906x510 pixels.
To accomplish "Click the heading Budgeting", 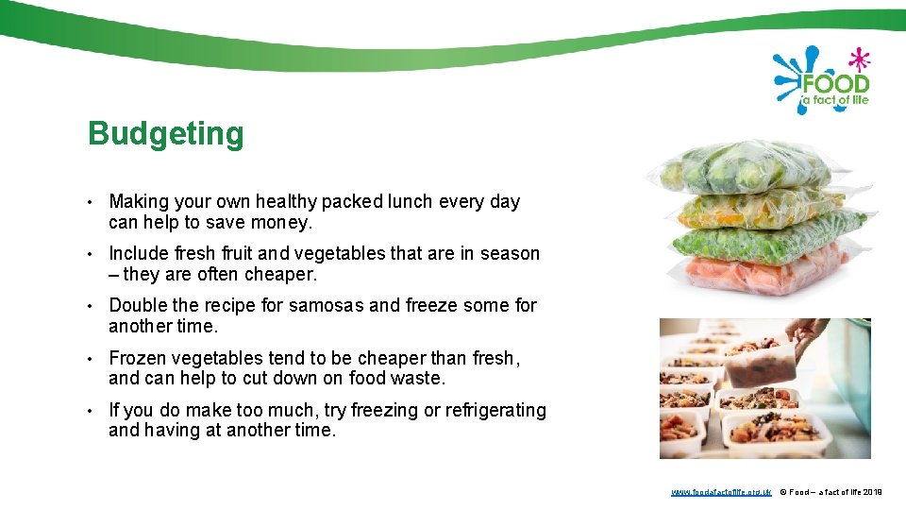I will click(x=165, y=134).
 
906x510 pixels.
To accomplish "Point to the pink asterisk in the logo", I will click(x=858, y=59).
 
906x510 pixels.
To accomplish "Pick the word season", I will click(x=510, y=253).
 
